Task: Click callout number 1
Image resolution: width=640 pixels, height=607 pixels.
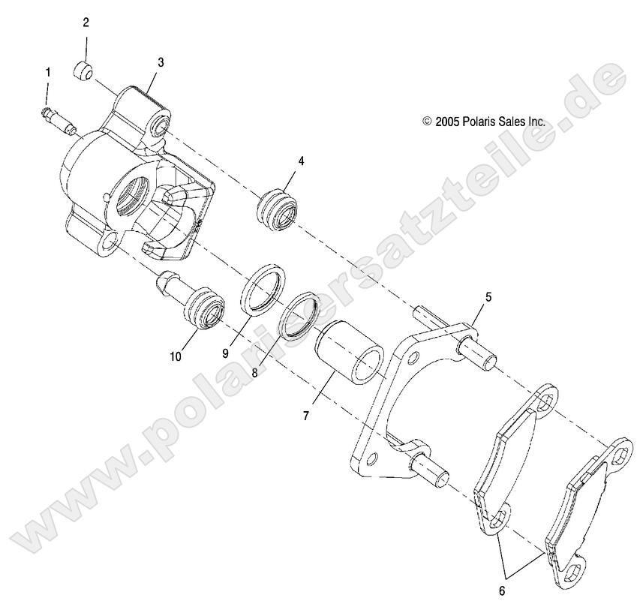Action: (49, 73)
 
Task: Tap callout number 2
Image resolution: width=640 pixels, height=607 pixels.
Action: (86, 23)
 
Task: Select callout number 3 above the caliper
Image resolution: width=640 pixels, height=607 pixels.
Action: (161, 62)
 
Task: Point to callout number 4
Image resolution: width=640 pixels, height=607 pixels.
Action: (301, 161)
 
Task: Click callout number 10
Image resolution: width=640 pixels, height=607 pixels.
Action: (176, 357)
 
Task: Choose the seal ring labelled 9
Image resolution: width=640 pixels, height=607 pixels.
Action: (263, 287)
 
